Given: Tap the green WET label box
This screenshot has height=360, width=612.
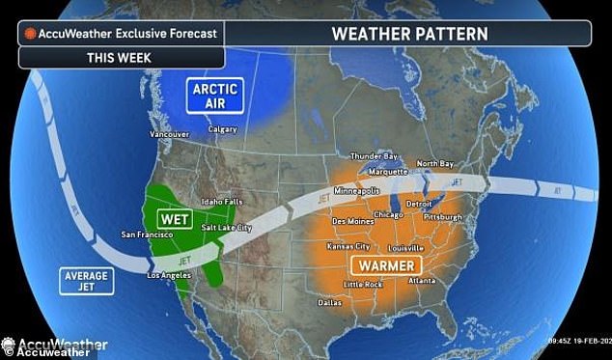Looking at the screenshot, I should click(174, 219).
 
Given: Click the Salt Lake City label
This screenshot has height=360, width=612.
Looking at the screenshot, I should click(225, 227).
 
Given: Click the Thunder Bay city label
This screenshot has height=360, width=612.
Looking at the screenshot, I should click(372, 155).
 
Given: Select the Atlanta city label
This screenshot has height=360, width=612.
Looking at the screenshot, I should click(422, 280).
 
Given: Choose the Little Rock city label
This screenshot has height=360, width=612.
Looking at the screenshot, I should click(364, 284).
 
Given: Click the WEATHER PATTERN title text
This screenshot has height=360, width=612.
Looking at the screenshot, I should click(409, 33).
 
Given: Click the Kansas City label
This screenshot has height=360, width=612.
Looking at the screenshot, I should click(348, 246).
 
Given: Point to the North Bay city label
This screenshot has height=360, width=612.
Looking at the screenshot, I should click(434, 163).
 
